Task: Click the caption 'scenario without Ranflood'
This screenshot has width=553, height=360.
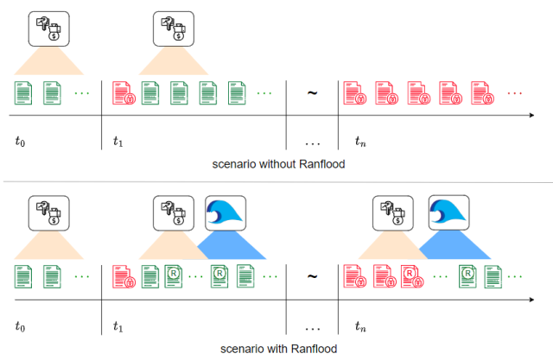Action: pos(276,164)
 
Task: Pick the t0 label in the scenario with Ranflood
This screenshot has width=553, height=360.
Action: pos(22,325)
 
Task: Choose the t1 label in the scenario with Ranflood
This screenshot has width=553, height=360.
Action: pos(119,325)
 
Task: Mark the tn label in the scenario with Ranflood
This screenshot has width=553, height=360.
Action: pos(361,325)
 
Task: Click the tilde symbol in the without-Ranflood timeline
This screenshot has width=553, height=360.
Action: pos(311,92)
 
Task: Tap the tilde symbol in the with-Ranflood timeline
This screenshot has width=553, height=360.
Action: pos(311,277)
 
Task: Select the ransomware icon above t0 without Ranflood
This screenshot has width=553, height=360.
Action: pos(48,29)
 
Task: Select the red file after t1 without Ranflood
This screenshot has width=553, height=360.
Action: pos(122,91)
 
